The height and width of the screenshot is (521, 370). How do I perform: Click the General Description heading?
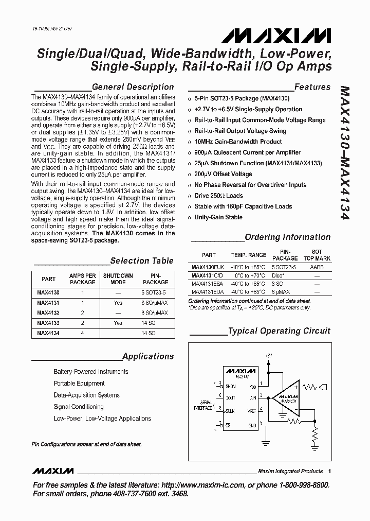point(133,87)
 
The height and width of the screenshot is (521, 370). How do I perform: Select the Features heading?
point(312,87)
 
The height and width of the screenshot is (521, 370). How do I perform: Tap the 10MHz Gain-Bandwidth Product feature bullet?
point(238,142)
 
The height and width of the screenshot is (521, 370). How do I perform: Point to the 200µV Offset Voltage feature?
point(223,174)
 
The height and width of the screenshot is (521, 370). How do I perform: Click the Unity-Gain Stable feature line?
point(218,217)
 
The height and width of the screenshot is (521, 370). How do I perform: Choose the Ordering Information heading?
point(287,237)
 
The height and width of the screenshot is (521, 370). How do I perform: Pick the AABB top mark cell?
point(317,268)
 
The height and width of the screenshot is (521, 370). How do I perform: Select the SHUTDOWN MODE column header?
point(118,279)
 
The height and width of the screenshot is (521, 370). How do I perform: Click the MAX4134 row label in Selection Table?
point(48,333)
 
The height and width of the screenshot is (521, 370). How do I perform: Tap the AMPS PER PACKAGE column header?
point(82,279)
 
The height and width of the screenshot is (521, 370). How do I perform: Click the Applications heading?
point(148,356)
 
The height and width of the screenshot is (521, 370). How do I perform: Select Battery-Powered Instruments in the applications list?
point(91,372)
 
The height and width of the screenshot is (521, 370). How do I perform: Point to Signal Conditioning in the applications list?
point(79,407)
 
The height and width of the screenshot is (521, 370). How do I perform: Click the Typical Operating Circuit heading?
point(279,331)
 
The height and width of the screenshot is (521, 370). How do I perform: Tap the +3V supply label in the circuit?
point(268,356)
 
